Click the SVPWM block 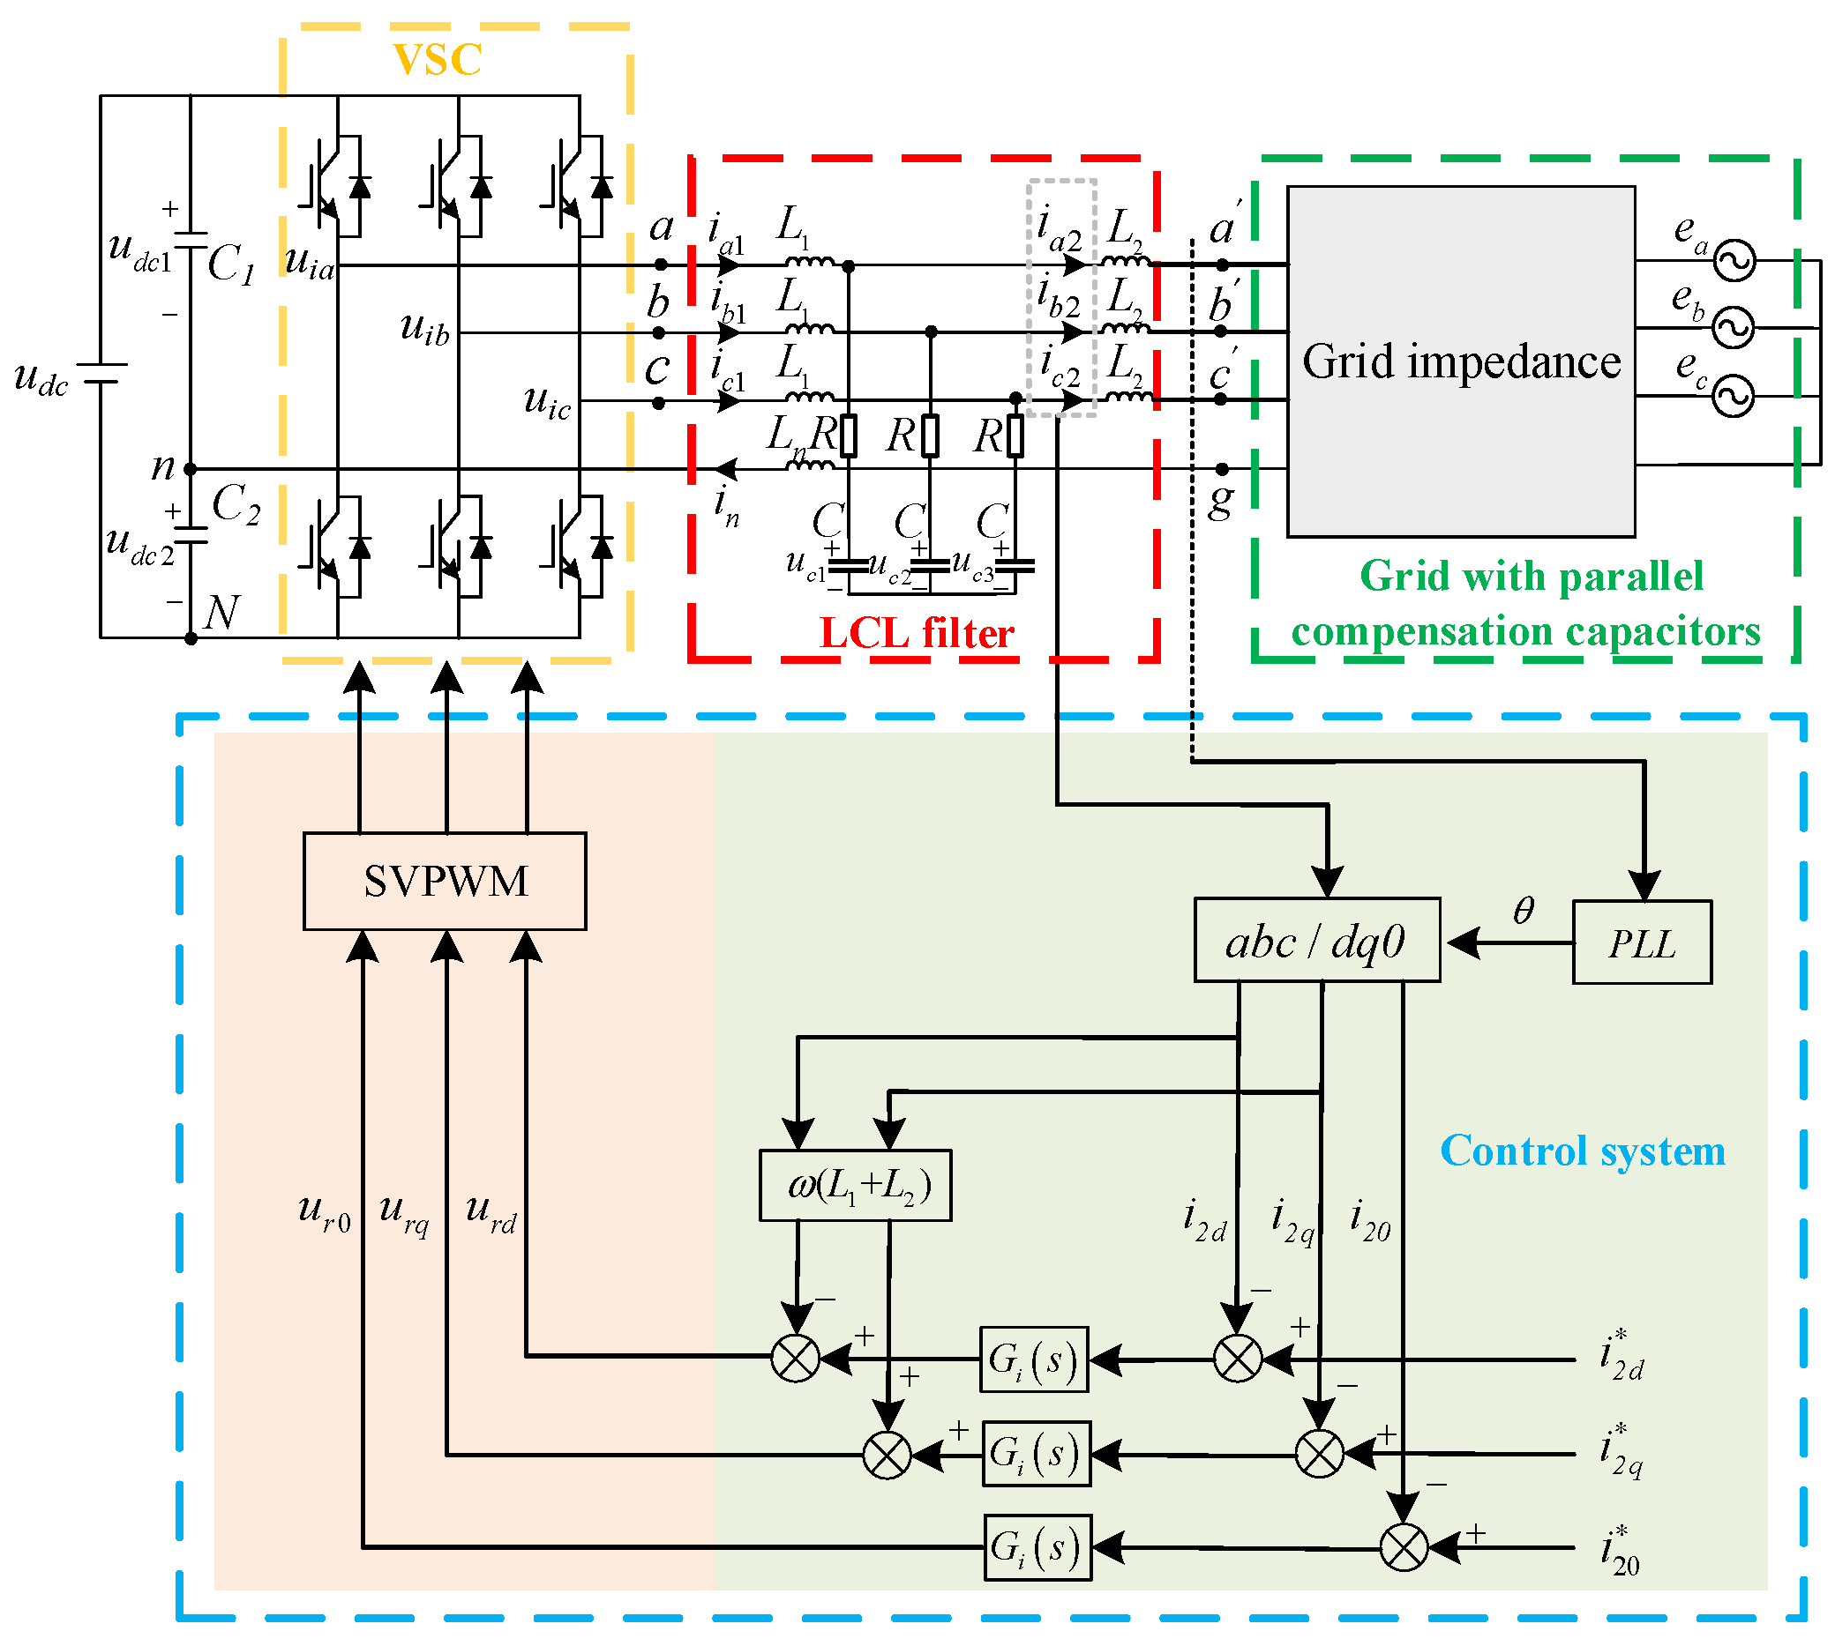coord(445,881)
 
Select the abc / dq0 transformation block coord(1316,941)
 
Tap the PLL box coord(1642,942)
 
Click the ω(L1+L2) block coord(855,1185)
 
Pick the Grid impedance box coord(1460,361)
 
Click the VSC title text coord(437,60)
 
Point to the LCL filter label coord(916,633)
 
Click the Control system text coord(1582,1151)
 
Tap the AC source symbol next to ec coord(1733,396)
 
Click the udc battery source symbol coord(101,373)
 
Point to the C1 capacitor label coord(231,264)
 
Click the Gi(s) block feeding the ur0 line coord(1037,1547)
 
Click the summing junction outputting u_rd coord(796,1358)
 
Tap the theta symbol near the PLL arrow coord(1523,910)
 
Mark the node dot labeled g coord(1222,468)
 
